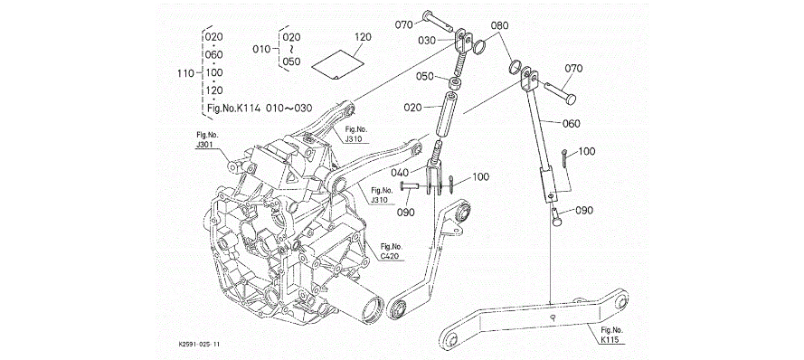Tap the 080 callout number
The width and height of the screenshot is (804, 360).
[x=499, y=25]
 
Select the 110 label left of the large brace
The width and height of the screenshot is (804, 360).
[x=185, y=73]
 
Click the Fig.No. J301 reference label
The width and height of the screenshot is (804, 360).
[x=204, y=140]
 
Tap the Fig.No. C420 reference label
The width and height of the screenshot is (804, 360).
[x=390, y=251]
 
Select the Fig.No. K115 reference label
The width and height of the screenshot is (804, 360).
[x=610, y=335]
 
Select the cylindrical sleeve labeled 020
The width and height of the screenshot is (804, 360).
[x=447, y=118]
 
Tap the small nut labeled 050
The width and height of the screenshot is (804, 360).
[x=455, y=82]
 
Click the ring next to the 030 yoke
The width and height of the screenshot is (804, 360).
[x=479, y=47]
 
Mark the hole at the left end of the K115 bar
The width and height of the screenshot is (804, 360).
[x=450, y=339]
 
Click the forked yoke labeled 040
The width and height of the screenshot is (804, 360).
[x=436, y=175]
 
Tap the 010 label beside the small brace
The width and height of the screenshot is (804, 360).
[x=261, y=49]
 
